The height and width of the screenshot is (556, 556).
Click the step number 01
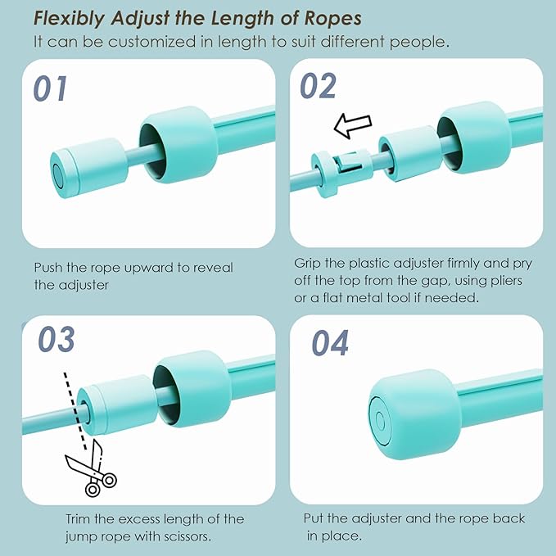(x=50, y=88)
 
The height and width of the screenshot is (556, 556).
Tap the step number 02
(x=318, y=85)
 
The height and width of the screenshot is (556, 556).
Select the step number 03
(x=57, y=339)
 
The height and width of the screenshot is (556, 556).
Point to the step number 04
(x=330, y=342)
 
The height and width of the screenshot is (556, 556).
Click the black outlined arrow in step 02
(x=353, y=125)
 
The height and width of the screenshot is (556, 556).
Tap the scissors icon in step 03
(x=92, y=468)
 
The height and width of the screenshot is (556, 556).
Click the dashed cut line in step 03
(x=75, y=410)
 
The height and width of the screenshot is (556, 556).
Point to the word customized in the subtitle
(x=151, y=42)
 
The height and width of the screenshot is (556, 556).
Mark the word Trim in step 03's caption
(x=79, y=519)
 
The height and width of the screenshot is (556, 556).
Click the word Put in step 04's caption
(x=314, y=518)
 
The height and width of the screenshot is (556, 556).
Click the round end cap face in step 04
(x=380, y=421)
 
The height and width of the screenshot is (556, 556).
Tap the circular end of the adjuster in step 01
(x=57, y=174)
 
